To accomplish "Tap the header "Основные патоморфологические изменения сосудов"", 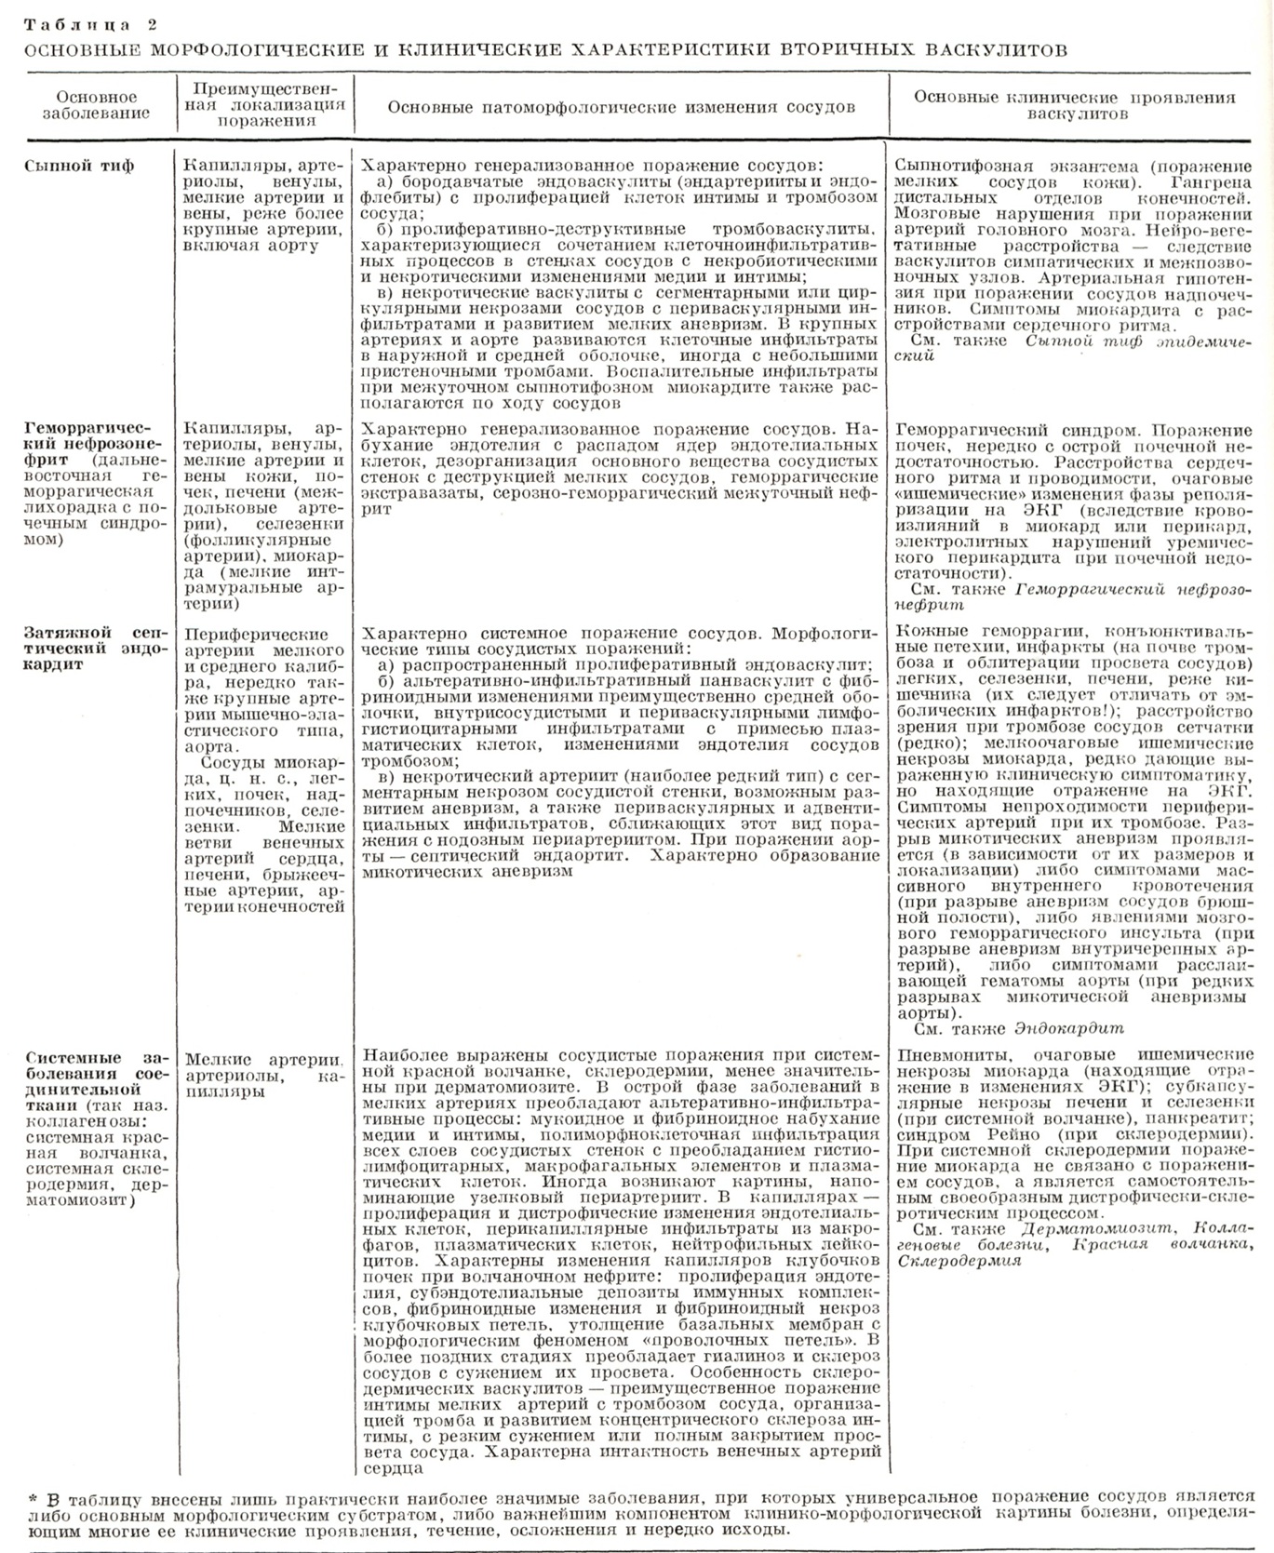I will tap(621, 107).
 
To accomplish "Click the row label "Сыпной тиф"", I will tap(78, 166).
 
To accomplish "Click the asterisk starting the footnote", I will tap(34, 1499).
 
